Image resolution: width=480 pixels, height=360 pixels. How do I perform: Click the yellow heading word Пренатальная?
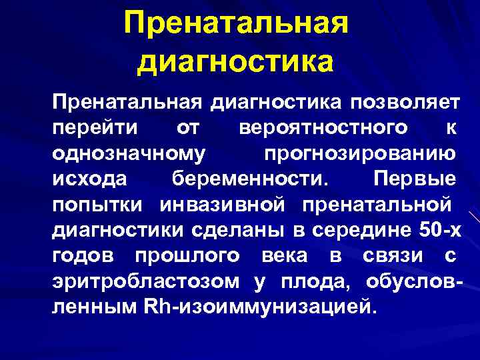(237, 25)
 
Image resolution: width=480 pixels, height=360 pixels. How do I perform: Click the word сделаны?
(231, 231)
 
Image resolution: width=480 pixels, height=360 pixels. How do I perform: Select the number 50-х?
(440, 231)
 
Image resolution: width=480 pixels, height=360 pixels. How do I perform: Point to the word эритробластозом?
(146, 282)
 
